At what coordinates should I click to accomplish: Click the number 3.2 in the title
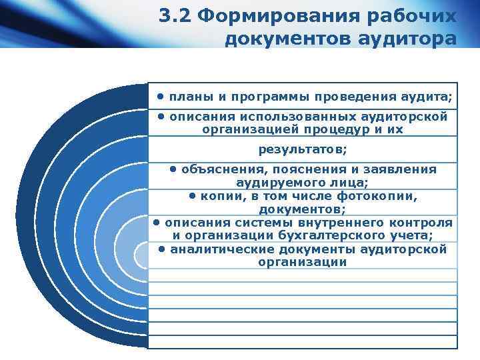pyautogui.click(x=176, y=15)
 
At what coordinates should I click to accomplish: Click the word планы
pyautogui.click(x=189, y=97)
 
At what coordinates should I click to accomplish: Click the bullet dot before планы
pyautogui.click(x=161, y=97)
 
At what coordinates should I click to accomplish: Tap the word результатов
pyautogui.click(x=303, y=149)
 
